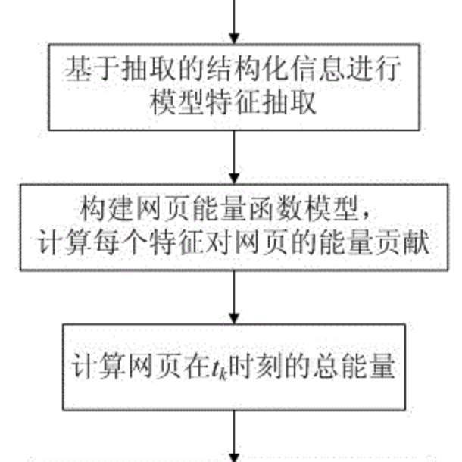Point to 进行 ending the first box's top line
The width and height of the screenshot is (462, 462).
click(373, 69)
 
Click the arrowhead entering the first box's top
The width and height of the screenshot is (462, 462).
click(234, 39)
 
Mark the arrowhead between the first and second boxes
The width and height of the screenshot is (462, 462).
click(234, 179)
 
